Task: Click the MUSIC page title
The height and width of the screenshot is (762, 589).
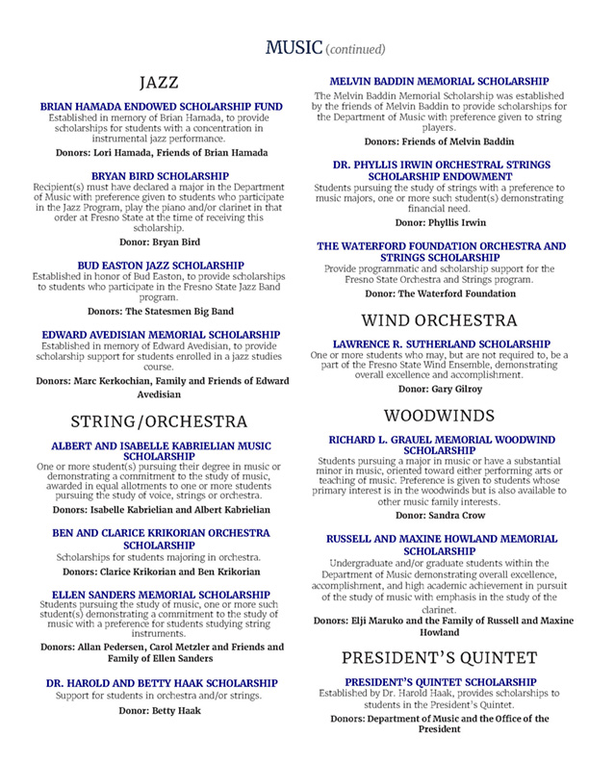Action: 293,47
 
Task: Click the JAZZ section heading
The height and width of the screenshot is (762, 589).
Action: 159,82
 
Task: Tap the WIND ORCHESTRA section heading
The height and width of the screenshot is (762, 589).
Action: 438,319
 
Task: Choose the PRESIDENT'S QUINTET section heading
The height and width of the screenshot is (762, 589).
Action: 438,658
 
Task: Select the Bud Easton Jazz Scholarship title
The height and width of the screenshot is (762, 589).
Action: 161,264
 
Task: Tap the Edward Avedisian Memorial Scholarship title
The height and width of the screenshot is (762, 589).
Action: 161,336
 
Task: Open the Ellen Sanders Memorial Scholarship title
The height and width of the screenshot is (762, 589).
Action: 161,594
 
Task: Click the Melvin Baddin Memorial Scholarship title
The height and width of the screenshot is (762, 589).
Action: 439,82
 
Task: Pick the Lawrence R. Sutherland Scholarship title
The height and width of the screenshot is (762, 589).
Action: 439,343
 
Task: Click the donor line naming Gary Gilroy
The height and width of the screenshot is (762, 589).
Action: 439,390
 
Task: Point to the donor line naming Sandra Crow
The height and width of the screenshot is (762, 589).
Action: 439,516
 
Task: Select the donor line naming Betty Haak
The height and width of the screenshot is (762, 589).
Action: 161,710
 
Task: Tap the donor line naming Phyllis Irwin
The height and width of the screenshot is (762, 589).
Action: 439,222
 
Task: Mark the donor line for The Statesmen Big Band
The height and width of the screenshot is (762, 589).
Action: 161,312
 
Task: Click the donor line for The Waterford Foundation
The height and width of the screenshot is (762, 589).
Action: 439,292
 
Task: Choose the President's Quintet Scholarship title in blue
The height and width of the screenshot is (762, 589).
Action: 439,682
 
